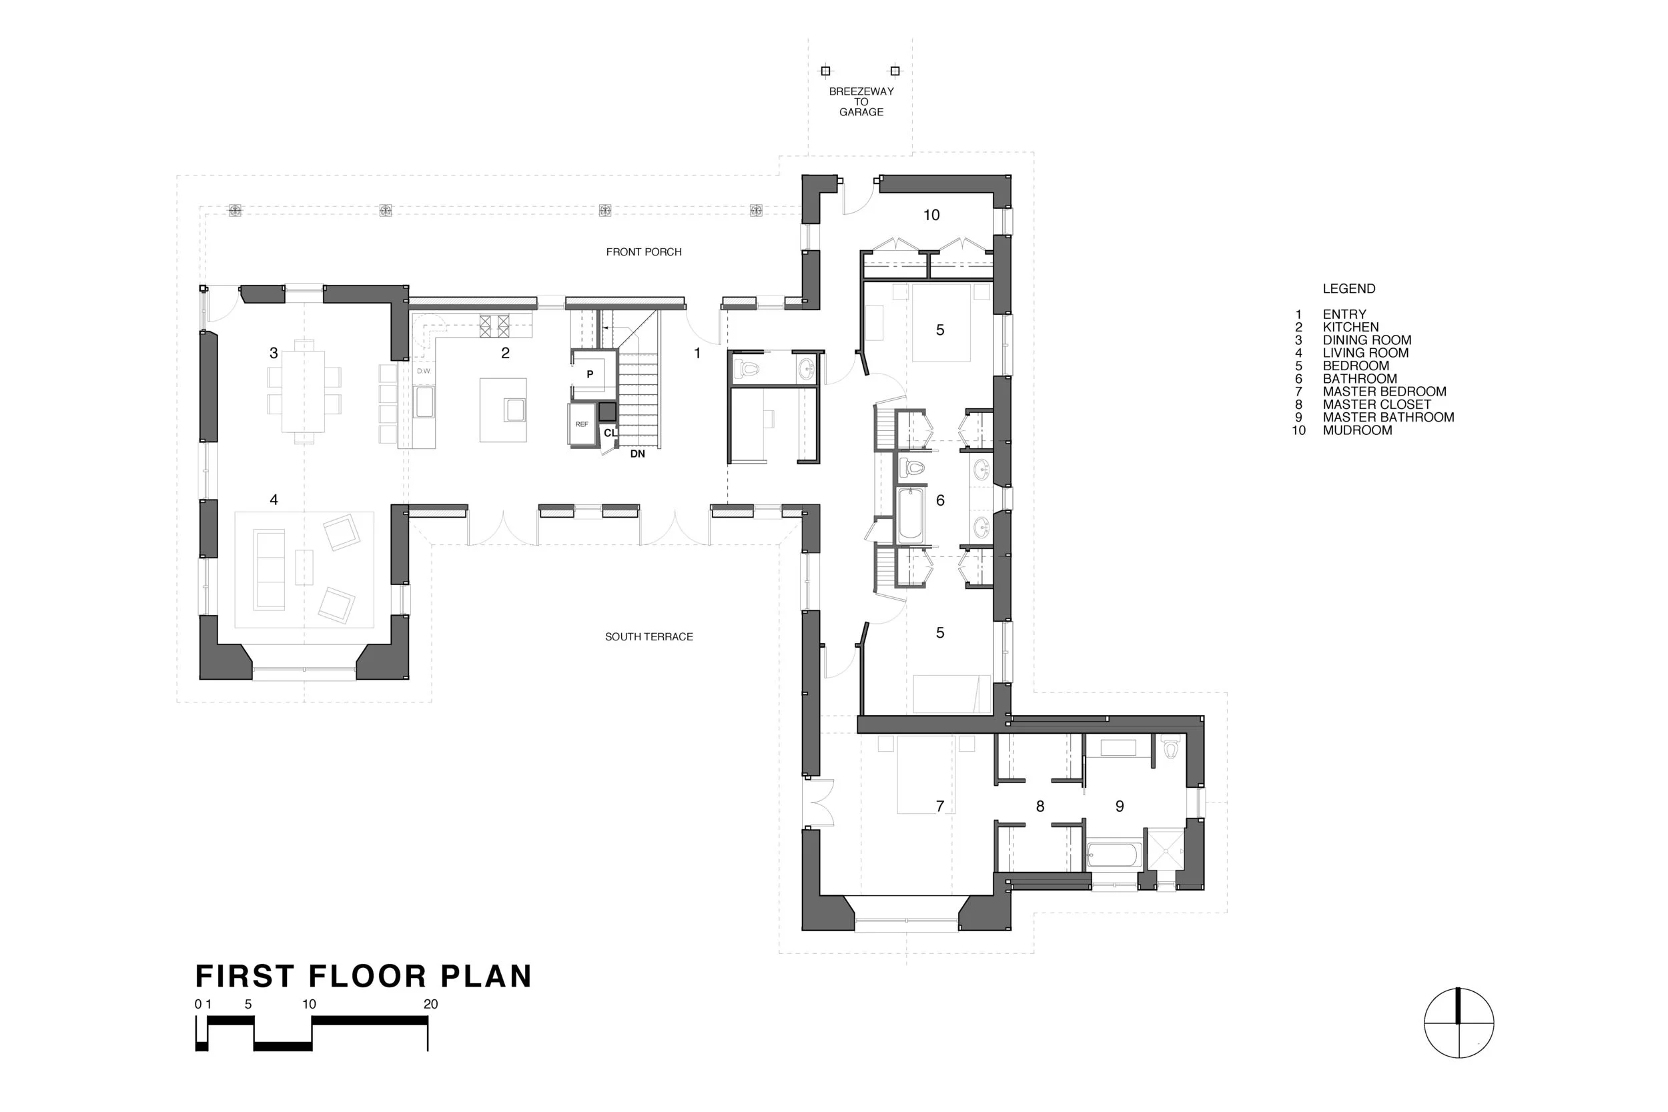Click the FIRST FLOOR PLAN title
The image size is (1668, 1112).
(x=363, y=976)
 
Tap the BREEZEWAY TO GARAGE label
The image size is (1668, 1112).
(x=861, y=101)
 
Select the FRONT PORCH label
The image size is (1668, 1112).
(x=643, y=251)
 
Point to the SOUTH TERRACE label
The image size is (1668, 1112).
(x=649, y=637)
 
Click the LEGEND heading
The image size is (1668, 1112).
(x=1348, y=289)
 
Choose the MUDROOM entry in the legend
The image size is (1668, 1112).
(x=1356, y=430)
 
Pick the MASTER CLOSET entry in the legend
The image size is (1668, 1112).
(x=1376, y=404)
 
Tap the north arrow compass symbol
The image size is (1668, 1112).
(x=1458, y=1023)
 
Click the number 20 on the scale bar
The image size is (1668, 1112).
(x=430, y=1004)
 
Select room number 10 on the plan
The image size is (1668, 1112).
(x=931, y=215)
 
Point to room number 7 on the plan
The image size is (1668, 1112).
(x=939, y=806)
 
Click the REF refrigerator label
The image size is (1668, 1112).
(x=582, y=424)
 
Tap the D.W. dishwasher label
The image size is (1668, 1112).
(x=424, y=371)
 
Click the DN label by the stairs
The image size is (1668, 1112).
(x=637, y=454)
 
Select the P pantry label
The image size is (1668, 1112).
(x=589, y=374)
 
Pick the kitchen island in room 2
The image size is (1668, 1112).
(x=503, y=410)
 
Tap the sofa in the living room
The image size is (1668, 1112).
(x=270, y=569)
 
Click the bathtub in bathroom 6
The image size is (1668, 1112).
(x=911, y=516)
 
